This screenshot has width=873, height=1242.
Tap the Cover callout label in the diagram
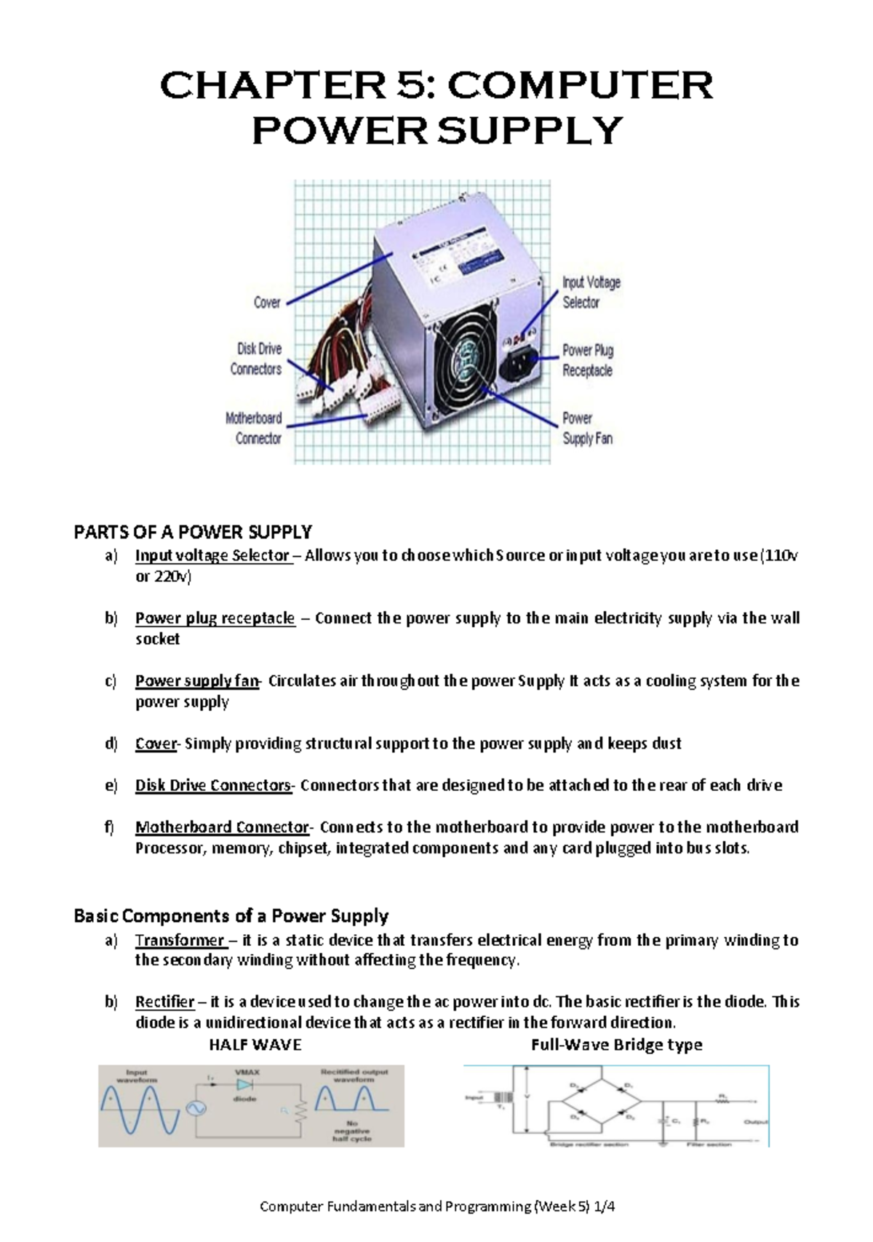(x=267, y=302)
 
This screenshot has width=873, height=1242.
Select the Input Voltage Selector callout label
(x=590, y=292)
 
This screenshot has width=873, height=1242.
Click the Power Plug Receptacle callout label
(x=587, y=360)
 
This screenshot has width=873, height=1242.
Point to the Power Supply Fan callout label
(x=586, y=428)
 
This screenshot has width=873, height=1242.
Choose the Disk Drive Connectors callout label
(x=256, y=359)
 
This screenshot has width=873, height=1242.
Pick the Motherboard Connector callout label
(x=254, y=428)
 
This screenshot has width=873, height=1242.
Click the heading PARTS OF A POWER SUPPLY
(x=193, y=532)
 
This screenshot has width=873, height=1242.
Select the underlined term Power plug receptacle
(x=215, y=618)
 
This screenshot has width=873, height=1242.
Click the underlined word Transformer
(x=180, y=940)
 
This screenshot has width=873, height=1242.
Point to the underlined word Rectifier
(x=165, y=1002)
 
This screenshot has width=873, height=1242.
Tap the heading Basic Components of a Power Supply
(x=231, y=916)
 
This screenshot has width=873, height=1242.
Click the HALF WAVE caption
(x=255, y=1045)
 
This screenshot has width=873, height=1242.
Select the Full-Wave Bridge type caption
(x=616, y=1045)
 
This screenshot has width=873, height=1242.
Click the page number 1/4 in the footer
(x=604, y=1206)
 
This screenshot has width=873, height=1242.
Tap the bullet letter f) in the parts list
(x=110, y=827)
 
